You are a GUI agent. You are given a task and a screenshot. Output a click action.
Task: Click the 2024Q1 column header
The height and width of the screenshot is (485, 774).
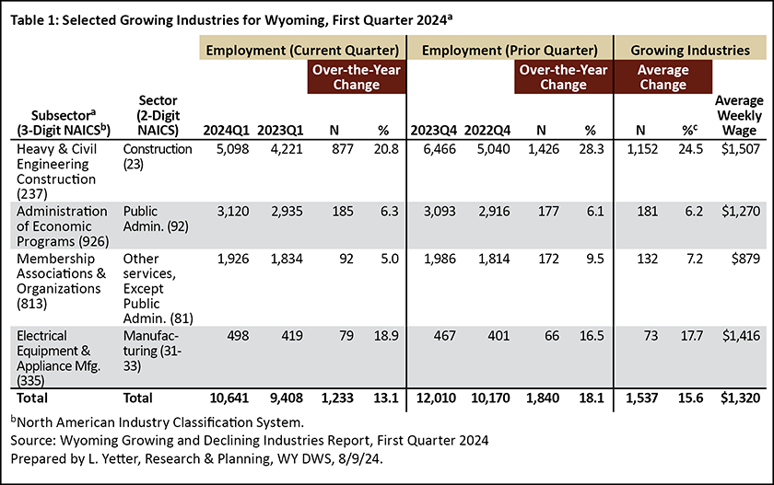tap(226, 130)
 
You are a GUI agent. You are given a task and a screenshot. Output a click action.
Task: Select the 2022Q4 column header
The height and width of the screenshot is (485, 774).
tap(487, 130)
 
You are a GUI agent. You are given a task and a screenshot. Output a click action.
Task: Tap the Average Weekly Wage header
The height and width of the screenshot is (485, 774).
tap(739, 115)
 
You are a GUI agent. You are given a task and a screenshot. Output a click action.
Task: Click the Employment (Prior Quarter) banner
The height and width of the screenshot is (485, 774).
tap(510, 51)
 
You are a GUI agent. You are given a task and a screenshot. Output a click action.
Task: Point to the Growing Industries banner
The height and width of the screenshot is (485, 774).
tap(690, 51)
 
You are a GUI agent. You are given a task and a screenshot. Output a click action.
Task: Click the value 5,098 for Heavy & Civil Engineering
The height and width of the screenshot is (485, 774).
tap(232, 149)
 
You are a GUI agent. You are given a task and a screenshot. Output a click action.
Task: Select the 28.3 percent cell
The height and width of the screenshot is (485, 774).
tap(592, 149)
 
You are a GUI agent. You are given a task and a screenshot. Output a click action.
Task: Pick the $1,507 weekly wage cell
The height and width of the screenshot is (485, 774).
tap(741, 149)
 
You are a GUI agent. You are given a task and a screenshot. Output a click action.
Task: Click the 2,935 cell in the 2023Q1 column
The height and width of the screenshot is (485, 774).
tap(287, 211)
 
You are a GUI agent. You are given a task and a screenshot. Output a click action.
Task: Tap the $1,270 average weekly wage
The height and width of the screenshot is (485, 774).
tap(741, 211)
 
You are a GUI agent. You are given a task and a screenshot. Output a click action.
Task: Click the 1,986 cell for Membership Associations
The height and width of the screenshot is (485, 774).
tap(440, 259)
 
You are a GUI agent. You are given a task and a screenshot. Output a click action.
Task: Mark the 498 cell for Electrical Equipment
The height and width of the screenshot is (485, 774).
tap(238, 336)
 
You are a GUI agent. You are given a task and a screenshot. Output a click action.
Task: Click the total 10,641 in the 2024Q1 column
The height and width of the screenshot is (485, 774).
tap(229, 398)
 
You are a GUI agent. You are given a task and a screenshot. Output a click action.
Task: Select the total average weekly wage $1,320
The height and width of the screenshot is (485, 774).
tap(741, 398)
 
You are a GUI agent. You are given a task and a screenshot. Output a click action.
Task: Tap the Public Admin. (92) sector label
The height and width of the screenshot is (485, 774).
tap(156, 218)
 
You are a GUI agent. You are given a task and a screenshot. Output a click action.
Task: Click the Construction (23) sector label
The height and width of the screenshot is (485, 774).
tap(158, 156)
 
